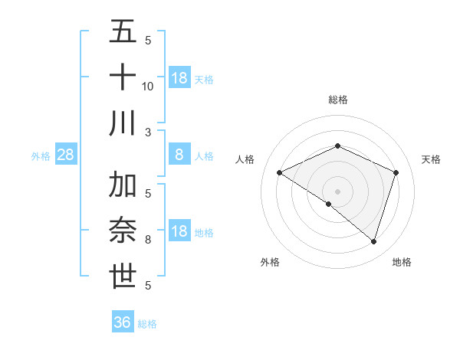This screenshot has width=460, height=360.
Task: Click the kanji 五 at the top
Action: coord(123,32)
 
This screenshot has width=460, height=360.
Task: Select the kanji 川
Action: coord(123,123)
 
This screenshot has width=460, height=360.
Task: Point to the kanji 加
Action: coord(123,185)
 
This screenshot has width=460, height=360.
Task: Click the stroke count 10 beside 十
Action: coord(148,86)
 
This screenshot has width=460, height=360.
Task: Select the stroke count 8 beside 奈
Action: coord(148,240)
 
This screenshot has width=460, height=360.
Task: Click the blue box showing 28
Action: coord(66,155)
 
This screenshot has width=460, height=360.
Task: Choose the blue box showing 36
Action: coord(123,322)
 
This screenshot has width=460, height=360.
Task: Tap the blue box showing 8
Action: coord(179,155)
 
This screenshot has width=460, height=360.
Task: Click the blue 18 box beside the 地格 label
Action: coord(179,231)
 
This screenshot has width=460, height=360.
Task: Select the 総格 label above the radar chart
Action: coord(337,100)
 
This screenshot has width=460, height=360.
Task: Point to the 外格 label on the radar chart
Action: coord(270,262)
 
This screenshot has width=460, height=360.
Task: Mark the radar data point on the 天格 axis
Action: coord(396,172)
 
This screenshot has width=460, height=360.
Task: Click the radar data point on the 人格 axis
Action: coord(280,173)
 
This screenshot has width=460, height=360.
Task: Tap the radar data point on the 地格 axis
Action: coord(373,241)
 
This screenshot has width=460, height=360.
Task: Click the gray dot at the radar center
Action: coord(337,191)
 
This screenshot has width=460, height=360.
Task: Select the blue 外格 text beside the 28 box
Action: coord(41,156)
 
